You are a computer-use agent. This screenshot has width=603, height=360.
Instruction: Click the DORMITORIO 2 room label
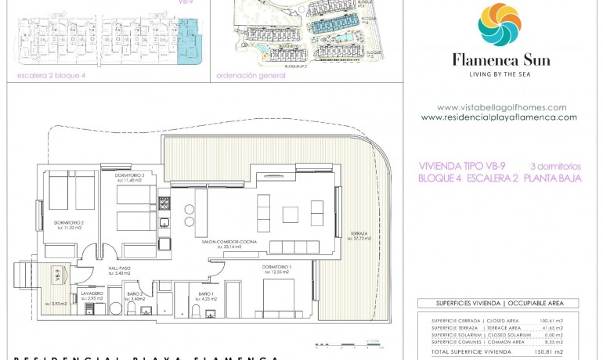(x=69, y=222)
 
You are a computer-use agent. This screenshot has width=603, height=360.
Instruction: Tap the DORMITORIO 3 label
(x=130, y=175)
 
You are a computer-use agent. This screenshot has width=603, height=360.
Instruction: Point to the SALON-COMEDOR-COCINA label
(x=230, y=243)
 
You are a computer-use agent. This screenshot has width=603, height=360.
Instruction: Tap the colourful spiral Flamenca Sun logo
(x=500, y=25)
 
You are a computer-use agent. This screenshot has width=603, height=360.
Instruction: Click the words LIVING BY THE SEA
(x=500, y=74)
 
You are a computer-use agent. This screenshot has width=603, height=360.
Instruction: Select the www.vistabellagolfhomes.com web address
(x=501, y=107)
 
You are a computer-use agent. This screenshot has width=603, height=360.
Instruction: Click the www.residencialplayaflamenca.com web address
(x=499, y=117)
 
